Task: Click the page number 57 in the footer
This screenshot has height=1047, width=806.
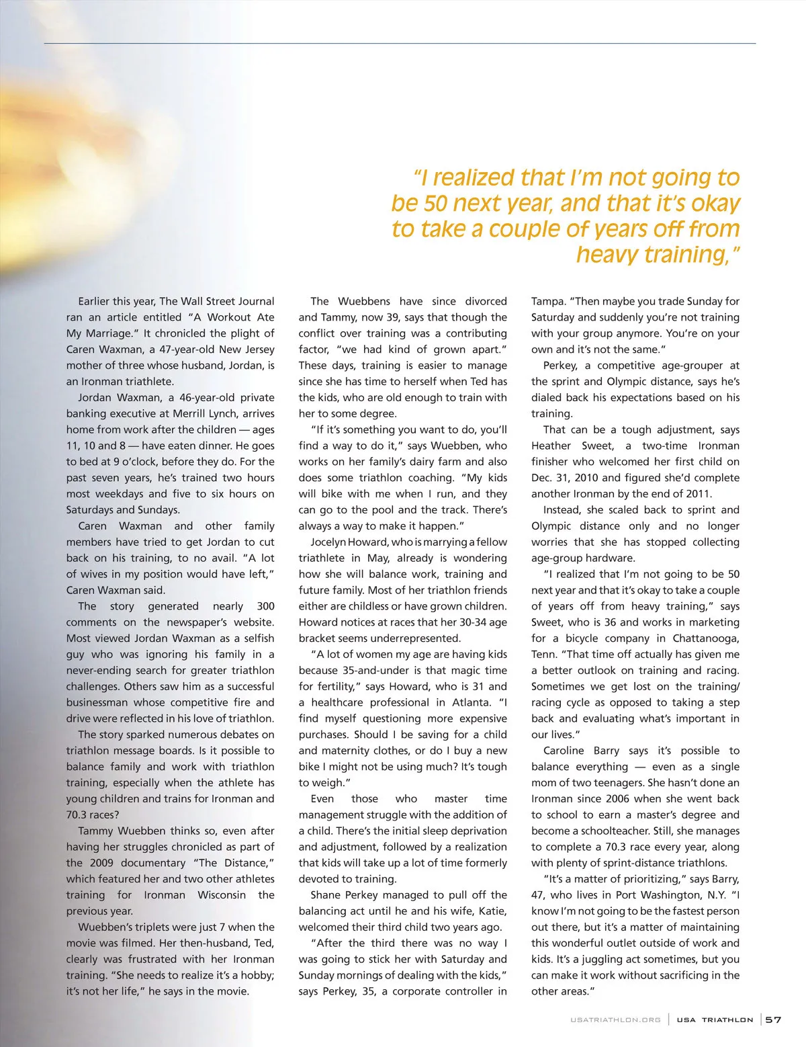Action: pos(774,1019)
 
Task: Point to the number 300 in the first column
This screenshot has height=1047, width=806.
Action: pos(265,606)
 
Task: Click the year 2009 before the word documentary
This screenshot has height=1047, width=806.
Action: pos(99,863)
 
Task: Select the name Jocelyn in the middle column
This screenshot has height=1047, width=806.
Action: pos(330,542)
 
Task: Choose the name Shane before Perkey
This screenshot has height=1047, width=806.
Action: pos(326,895)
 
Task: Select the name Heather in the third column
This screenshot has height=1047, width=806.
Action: pos(551,446)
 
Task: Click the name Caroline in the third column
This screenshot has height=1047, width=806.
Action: pos(562,751)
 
